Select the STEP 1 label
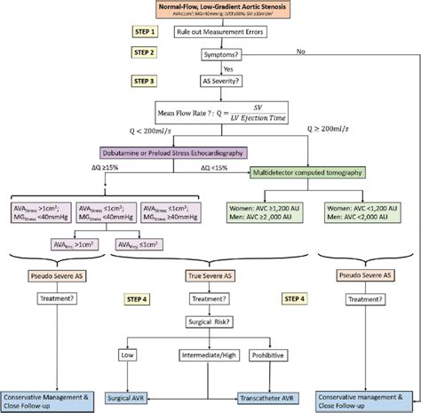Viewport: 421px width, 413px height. click(x=144, y=31)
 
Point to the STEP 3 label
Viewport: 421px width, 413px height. click(x=144, y=81)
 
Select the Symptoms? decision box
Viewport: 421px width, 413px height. click(x=226, y=55)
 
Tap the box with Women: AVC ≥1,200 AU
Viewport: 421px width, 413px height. click(x=266, y=211)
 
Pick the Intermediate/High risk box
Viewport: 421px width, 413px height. click(x=219, y=357)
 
